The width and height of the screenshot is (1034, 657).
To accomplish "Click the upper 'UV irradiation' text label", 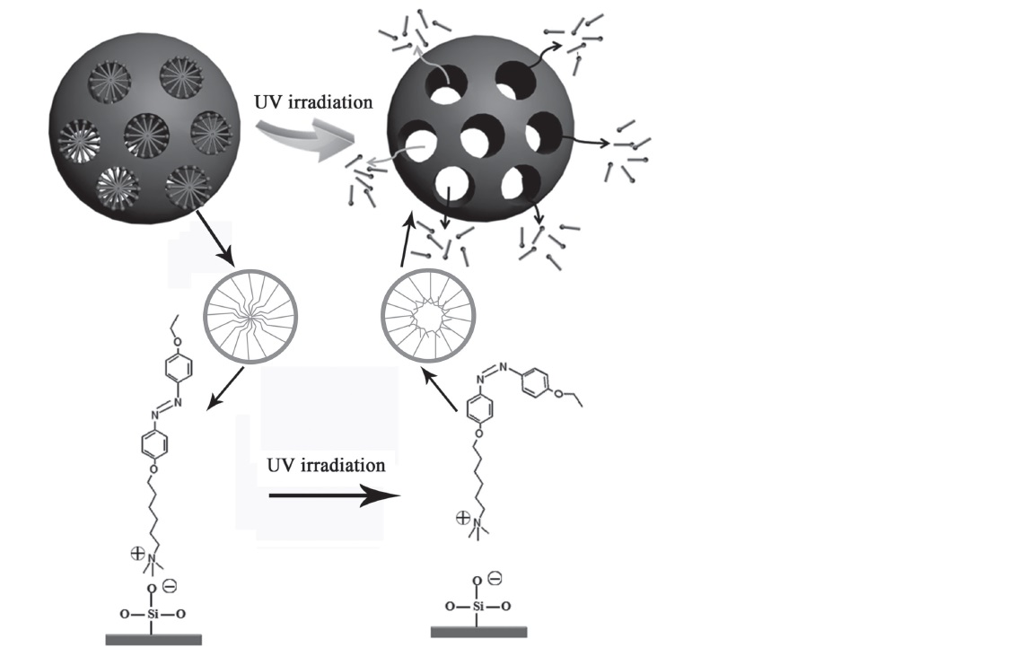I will (313, 101).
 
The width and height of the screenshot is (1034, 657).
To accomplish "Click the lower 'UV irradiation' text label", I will (326, 466).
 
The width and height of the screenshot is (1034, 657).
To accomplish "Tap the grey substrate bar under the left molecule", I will (153, 639).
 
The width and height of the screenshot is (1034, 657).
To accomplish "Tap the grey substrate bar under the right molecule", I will (478, 632).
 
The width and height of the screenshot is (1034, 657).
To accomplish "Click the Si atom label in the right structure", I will (478, 607).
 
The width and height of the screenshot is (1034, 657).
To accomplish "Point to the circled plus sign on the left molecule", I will (136, 556).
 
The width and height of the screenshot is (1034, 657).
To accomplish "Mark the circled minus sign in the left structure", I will (170, 586).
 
